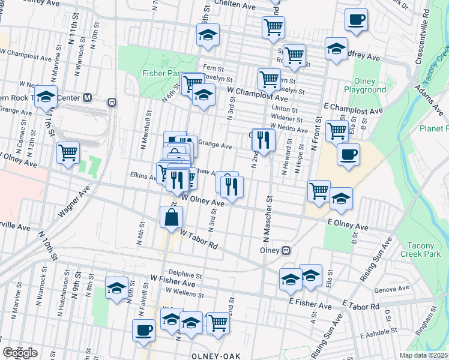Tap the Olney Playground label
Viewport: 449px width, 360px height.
364,86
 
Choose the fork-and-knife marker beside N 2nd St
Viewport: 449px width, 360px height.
263,140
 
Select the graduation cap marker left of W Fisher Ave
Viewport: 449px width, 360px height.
117,287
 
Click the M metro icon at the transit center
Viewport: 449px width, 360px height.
88,97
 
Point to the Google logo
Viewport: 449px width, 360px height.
20,352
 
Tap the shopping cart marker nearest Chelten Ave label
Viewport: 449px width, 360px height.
273,26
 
